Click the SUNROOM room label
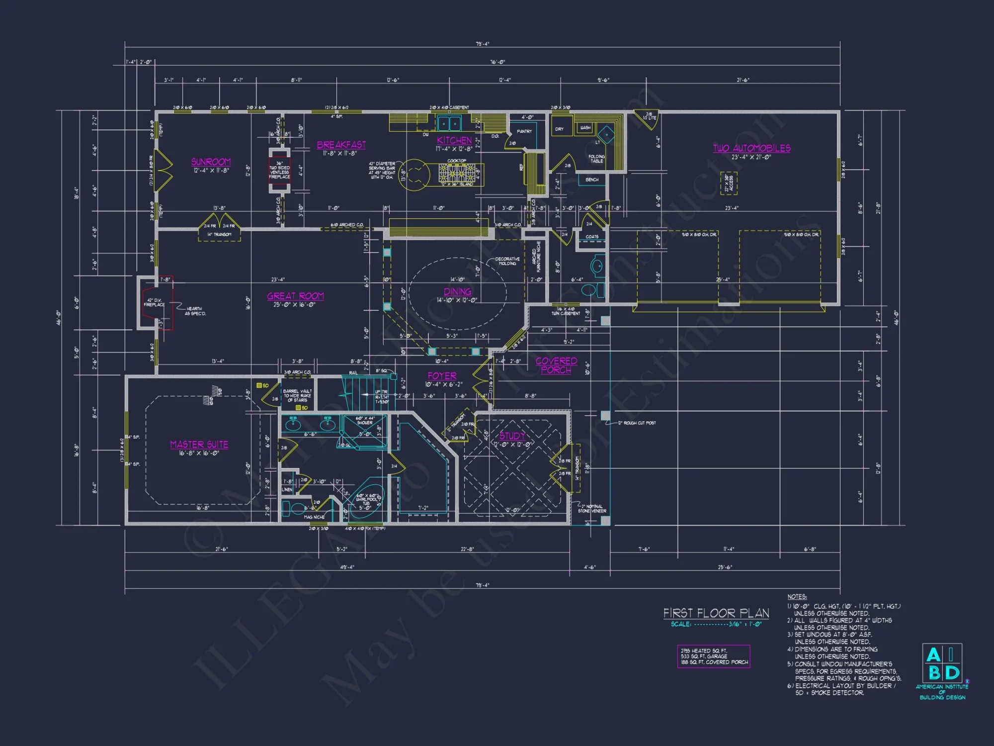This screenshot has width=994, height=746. tap(211, 162)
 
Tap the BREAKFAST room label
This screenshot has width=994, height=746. tap(341, 145)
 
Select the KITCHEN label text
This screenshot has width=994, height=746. tap(454, 140)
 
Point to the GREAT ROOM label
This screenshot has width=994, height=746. tap(295, 296)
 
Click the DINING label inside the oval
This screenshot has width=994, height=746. tap(457, 291)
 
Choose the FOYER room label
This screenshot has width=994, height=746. tap(442, 376)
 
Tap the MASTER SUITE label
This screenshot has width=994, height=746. tap(199, 444)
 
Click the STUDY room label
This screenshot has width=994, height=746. tap(512, 436)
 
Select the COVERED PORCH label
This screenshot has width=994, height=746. tap(556, 365)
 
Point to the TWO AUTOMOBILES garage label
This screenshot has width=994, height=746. tap(751, 148)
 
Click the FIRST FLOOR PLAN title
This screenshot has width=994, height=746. tap(716, 613)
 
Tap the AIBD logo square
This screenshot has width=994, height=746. tap(942, 663)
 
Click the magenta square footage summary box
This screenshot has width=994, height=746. tap(713, 656)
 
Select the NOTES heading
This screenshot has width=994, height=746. tap(797, 596)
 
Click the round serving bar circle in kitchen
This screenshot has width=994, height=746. tap(414, 175)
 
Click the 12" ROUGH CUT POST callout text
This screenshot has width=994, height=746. tap(637, 423)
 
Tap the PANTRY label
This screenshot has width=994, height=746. tap(524, 131)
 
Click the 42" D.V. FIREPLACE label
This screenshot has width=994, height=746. tap(154, 302)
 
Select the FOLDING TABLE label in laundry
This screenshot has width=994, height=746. tap(596, 158)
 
